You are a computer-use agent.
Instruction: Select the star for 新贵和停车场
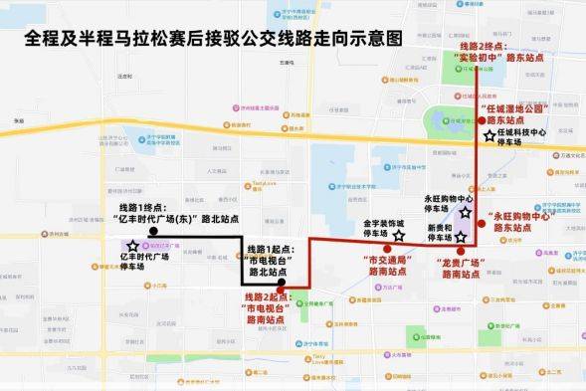coord(460,237)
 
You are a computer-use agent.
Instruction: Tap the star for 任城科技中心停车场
coord(488,136)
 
